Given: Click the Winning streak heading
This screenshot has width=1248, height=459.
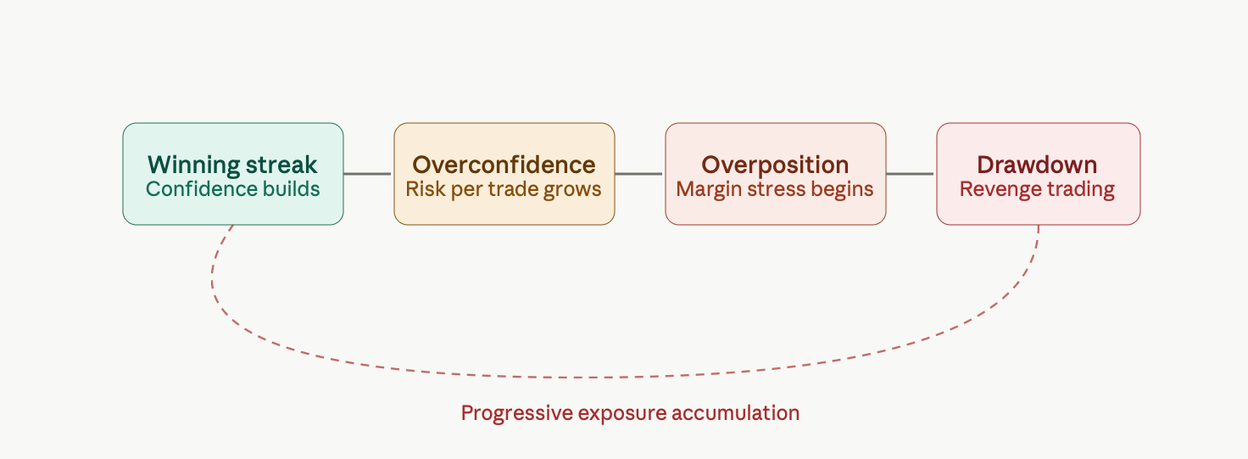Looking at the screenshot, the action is [232, 165].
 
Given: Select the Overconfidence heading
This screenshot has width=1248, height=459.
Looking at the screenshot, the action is [504, 165].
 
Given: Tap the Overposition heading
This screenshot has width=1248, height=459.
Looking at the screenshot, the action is [775, 165].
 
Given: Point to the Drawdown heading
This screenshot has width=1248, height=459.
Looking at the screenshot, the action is [1037, 165].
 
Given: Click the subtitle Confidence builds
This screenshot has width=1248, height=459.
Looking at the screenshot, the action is [232, 189].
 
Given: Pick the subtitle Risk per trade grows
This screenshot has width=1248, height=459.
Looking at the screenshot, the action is [504, 189].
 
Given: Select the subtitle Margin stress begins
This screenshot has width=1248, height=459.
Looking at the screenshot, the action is [775, 189].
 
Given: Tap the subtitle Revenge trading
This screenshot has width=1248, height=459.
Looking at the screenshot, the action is [1037, 189].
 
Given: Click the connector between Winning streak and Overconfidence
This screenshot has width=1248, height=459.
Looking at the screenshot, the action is [367, 174].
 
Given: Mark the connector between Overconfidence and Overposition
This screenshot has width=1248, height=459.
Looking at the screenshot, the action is [638, 174].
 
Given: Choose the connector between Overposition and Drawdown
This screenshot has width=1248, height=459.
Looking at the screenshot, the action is [910, 174].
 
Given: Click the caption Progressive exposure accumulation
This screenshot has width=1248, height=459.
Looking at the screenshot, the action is [630, 413].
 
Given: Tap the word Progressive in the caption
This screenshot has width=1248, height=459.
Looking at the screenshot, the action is [517, 413].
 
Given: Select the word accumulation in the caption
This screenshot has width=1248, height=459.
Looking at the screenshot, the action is [735, 413].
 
